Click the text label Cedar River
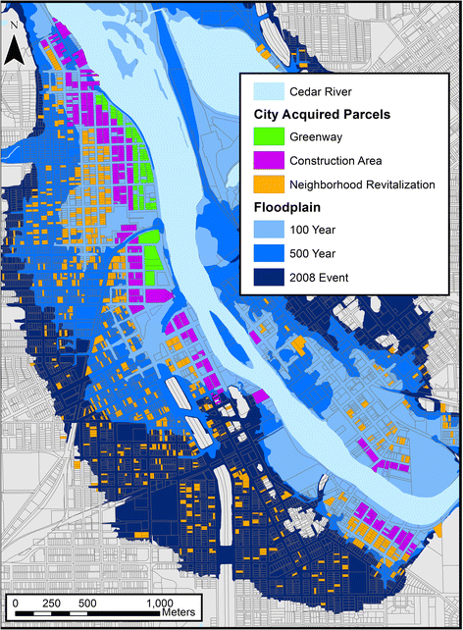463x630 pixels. (325, 92)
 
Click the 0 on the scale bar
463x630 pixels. (16, 602)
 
